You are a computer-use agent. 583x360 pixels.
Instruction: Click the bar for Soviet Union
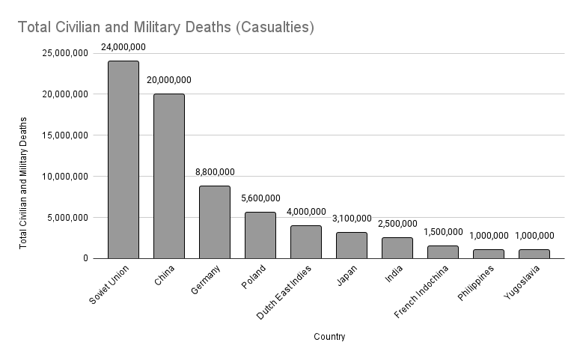pyautogui.click(x=123, y=159)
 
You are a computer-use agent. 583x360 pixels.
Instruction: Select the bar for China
pyautogui.click(x=169, y=176)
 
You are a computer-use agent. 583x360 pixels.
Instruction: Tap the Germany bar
pyautogui.click(x=214, y=222)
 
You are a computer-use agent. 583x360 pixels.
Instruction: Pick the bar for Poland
pyautogui.click(x=260, y=235)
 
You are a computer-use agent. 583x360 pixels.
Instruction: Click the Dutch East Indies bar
pyautogui.click(x=305, y=242)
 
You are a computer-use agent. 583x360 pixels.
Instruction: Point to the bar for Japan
pyautogui.click(x=351, y=245)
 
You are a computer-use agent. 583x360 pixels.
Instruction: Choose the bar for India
pyautogui.click(x=397, y=248)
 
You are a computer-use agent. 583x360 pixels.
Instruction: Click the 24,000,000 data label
pyautogui.click(x=123, y=47)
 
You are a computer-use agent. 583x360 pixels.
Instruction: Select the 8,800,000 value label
pyautogui.click(x=214, y=172)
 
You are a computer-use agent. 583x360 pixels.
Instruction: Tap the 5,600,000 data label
pyautogui.click(x=260, y=198)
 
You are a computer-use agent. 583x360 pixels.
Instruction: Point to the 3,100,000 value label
pyautogui.click(x=351, y=219)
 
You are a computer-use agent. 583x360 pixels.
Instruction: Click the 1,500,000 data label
pyautogui.click(x=442, y=232)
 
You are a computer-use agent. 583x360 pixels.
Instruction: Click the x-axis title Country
pyautogui.click(x=329, y=337)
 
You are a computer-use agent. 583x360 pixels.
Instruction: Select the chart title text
pyautogui.click(x=165, y=28)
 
